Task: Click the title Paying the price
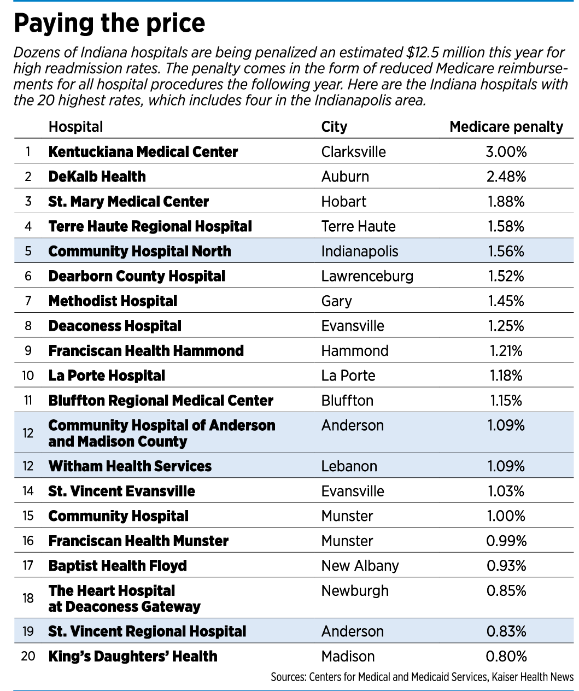coord(109,24)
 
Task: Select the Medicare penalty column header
coord(506,127)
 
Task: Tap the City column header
coord(334,127)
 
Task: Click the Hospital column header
coord(75,127)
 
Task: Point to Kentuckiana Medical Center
coord(143,152)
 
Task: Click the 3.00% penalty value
coord(506,152)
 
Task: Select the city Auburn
coord(345,177)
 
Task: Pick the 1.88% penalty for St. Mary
coord(506,202)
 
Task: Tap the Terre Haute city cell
coord(358,226)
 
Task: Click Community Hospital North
coord(140,251)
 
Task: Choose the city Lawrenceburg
coord(367,277)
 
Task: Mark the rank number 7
coord(28,301)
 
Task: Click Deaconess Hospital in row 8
coord(115,326)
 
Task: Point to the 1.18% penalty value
coord(506,376)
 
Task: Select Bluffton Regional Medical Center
coord(161,401)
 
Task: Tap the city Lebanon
coord(349,466)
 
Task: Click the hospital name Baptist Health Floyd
coord(118,566)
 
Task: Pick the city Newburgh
coord(355,591)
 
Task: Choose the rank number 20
coord(28,656)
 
